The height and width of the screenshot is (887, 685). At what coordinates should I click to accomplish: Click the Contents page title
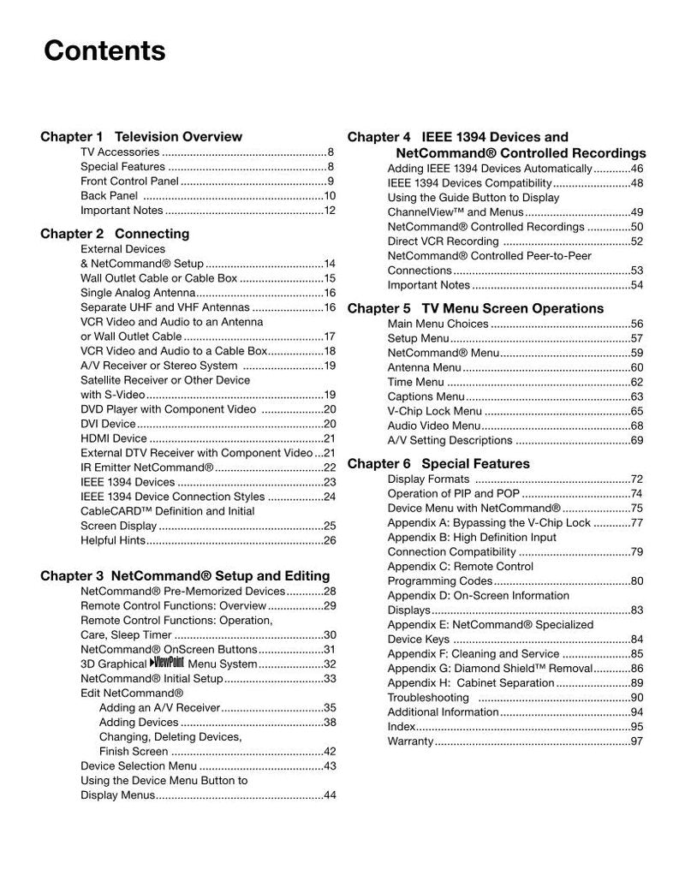pos(104,51)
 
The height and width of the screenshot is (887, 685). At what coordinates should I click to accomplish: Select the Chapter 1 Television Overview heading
pos(141,136)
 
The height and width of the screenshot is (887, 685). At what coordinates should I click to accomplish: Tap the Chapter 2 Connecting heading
pos(115,234)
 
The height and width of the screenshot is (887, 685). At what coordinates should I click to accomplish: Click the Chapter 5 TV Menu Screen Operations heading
pos(475,308)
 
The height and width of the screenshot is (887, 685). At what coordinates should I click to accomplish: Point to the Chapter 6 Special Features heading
pos(438,464)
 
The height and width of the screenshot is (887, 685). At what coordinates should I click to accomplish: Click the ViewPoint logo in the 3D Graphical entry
pos(166,663)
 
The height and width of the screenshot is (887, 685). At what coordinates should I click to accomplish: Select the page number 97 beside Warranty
pos(636,741)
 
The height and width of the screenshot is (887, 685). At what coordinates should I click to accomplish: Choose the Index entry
pos(402,727)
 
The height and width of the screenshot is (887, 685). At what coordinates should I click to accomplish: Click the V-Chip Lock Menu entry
pos(435,412)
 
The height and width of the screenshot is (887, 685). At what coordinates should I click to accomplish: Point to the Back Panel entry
pos(109,196)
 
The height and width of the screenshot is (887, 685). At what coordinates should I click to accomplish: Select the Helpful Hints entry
pos(113,540)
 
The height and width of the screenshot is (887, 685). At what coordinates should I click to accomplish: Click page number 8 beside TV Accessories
pos(331,152)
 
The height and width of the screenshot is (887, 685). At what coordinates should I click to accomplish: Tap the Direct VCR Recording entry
pos(443,241)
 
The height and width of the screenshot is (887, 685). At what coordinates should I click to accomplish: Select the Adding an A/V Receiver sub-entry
pos(160,708)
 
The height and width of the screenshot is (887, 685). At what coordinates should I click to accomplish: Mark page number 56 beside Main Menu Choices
pos(636,324)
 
